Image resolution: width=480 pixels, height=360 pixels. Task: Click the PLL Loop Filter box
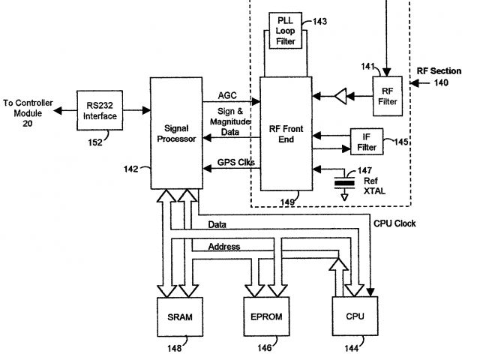click(285, 31)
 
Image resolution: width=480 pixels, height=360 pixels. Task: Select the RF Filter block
click(387, 96)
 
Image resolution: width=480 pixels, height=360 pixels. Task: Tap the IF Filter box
click(367, 142)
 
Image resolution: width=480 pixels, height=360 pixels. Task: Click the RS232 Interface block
click(100, 110)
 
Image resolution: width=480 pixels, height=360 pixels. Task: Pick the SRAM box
click(180, 316)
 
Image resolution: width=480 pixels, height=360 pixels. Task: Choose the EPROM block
click(267, 316)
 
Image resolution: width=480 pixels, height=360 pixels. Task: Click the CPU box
click(355, 316)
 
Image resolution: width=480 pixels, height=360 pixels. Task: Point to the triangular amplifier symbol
click(340, 96)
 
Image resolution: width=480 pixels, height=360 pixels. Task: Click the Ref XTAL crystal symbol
click(344, 183)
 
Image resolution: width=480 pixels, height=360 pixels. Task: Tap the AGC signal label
click(227, 95)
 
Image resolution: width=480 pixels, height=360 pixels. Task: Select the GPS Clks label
click(236, 162)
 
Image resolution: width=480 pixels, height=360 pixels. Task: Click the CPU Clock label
click(394, 223)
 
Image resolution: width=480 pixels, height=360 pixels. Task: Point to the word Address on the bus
click(224, 247)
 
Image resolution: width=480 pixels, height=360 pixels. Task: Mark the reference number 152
click(95, 142)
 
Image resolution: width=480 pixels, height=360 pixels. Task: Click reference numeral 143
click(320, 22)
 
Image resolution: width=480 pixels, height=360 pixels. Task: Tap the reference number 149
click(287, 202)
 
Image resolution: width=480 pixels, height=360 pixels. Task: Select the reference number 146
click(265, 348)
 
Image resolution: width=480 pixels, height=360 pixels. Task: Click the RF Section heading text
click(439, 71)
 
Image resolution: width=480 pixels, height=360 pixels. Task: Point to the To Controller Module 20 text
click(28, 113)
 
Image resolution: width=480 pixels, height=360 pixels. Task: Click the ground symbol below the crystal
click(345, 196)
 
